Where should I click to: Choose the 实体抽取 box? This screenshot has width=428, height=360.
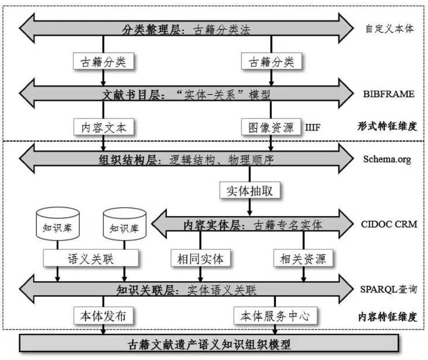pos(249,191)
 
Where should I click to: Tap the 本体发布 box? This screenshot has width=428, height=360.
pos(103,316)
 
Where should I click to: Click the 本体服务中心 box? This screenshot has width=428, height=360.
pos(275,316)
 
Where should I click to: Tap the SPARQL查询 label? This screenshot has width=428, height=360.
pos(388,290)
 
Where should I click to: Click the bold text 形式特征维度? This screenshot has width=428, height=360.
pos(387,126)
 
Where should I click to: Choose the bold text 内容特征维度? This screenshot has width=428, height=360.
pos(387,317)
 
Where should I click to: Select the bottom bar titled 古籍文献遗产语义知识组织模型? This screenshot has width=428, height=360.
pos(209,343)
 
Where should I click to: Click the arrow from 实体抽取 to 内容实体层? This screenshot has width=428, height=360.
pos(249,206)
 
